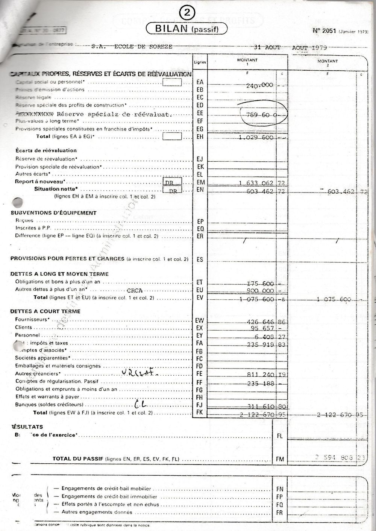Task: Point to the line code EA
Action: coord(200,82)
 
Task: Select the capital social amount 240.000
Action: coord(259,85)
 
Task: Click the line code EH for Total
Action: coord(200,137)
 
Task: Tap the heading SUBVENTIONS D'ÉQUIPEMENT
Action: coord(53,213)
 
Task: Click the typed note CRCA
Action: coord(135,290)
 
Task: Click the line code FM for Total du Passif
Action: coord(279,459)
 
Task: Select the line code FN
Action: coord(279,489)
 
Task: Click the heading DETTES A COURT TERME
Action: coord(45,311)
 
